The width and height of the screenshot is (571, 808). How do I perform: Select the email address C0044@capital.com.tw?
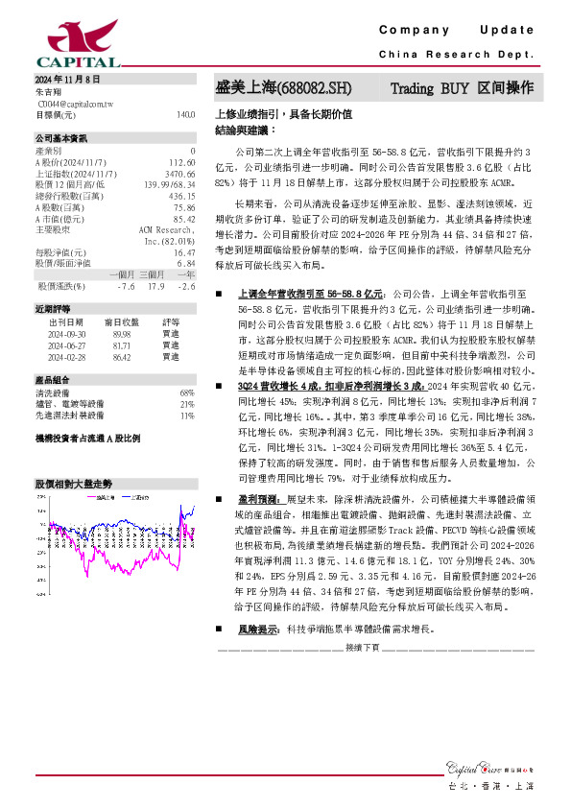pos(75,103)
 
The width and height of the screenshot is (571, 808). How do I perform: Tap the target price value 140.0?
pos(185,114)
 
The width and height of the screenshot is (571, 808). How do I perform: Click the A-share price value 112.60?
pos(181,163)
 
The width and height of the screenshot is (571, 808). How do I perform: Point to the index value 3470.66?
pos(180,174)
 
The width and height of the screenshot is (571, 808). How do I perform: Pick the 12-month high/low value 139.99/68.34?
pos(170,184)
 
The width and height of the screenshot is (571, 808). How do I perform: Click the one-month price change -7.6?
pos(126,286)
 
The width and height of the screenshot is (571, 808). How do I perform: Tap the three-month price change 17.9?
pos(156,286)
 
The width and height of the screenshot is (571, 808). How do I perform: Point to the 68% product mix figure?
pos(187,393)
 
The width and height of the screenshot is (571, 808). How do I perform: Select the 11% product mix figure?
pos(187,416)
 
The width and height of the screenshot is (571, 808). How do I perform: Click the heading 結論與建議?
pos(244,128)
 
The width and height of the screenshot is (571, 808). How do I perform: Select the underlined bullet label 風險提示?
pos(259,629)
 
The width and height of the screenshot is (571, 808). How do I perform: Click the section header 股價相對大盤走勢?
pos(73,485)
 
